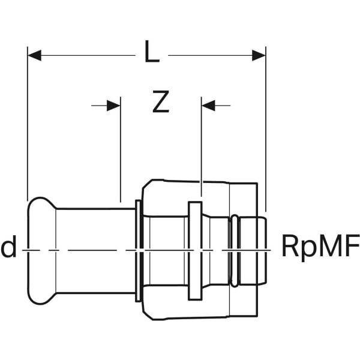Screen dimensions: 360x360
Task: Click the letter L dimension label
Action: point(152,52)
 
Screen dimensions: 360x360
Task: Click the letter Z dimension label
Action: point(161,101)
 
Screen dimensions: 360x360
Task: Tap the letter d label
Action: point(9,246)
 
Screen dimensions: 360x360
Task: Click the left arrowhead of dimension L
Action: point(34,55)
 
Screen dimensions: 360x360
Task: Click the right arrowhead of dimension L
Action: point(259,55)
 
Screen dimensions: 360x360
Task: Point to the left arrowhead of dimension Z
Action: point(113,106)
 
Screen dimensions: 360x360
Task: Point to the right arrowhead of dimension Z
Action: point(208,106)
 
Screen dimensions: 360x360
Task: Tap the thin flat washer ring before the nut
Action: point(138,251)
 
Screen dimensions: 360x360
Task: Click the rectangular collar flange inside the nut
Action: point(195,251)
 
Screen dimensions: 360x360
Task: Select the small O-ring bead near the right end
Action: point(235,251)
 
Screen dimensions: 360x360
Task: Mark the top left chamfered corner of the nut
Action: point(148,184)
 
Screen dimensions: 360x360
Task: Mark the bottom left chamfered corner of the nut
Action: point(148,316)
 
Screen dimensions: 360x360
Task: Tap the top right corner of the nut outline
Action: point(257,183)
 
